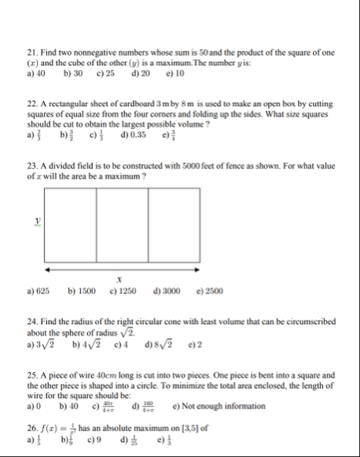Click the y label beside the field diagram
(38, 223)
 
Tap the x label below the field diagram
(119, 278)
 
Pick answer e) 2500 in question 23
(208, 291)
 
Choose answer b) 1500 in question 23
(83, 291)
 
